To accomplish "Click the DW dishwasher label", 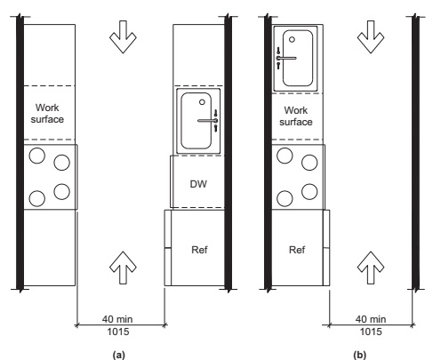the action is (198, 184).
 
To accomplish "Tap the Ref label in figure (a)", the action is (199, 250).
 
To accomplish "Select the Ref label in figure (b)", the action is (297, 250).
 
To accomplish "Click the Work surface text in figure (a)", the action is (47, 113).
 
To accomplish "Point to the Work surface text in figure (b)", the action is (296, 116).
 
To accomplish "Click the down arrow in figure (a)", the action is (123, 36).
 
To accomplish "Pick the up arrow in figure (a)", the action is (123, 268).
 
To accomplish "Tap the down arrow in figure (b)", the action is (371, 36).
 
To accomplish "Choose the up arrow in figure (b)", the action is (371, 268).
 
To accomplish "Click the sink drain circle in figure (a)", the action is (202, 102).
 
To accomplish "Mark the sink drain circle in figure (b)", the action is (292, 39).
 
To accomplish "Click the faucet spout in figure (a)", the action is (207, 121).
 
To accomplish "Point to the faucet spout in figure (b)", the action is (286, 58).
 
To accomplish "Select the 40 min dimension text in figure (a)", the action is (117, 319).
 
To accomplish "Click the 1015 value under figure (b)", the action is (371, 332).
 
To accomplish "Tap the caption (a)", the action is (119, 355).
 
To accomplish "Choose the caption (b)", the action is (360, 355).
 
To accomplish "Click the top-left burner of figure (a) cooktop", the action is (37, 156).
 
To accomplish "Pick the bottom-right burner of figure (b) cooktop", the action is (309, 191).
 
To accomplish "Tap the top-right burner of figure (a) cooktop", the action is (62, 163).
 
